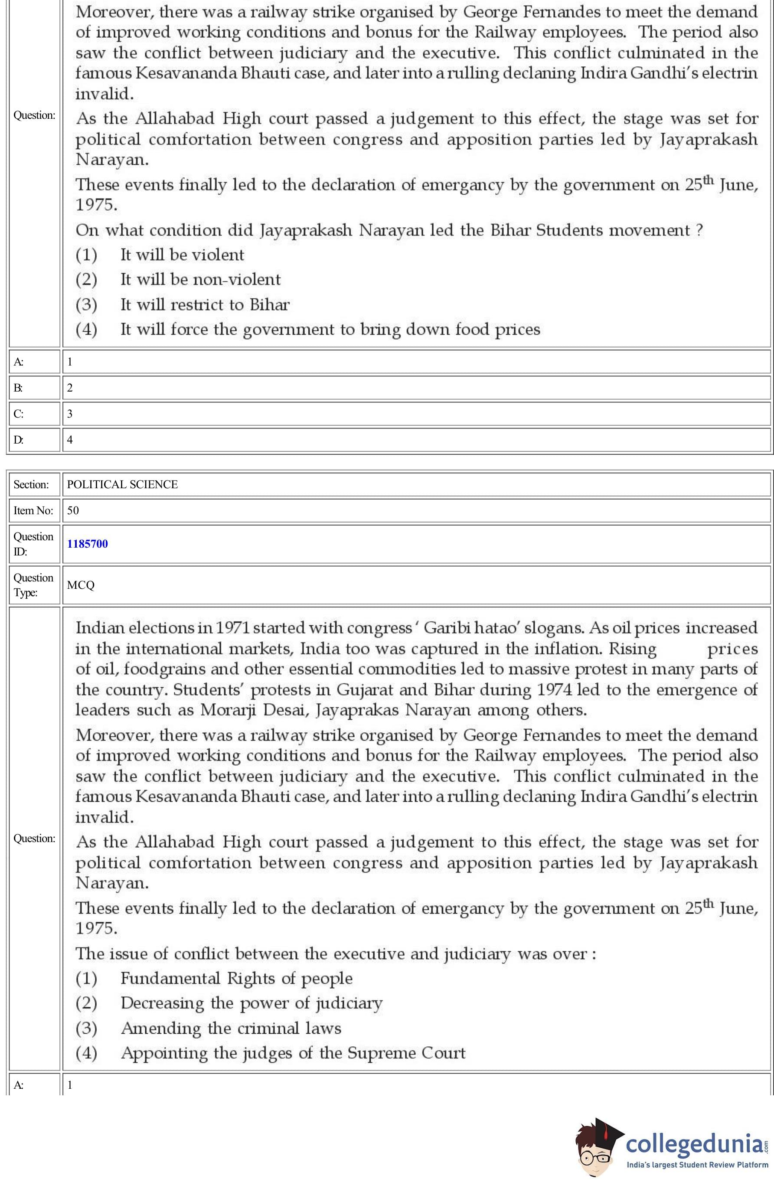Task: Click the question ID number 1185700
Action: coord(88,544)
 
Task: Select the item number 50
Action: coord(73,510)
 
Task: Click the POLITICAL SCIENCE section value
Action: coord(122,485)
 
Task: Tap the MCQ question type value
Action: coord(81,585)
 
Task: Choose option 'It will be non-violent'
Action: coord(200,280)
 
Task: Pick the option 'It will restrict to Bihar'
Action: coord(205,304)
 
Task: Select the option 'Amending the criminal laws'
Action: coord(231,1028)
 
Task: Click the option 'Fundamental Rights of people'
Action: coord(236,978)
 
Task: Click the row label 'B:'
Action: coord(18,388)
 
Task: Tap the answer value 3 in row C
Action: coord(69,414)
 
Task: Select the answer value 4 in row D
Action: coord(69,440)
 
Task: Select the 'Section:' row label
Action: coord(31,485)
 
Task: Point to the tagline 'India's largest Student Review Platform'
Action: coord(697,1165)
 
